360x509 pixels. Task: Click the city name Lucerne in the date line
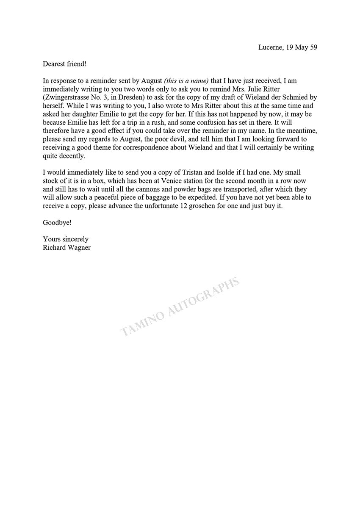tap(270, 47)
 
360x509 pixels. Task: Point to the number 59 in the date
tap(313, 47)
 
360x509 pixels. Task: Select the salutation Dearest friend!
tap(64, 64)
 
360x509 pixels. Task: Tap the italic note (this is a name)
tap(186, 80)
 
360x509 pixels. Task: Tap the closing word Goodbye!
tap(57, 222)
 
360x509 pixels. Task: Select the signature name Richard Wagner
tap(66, 248)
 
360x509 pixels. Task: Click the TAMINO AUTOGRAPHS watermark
tap(180, 307)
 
